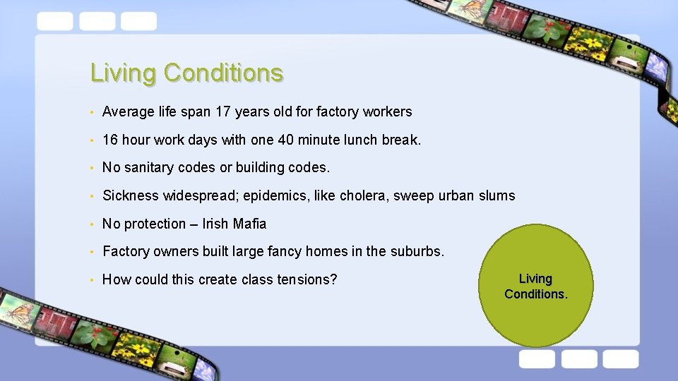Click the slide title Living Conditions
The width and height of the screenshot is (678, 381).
[186, 73]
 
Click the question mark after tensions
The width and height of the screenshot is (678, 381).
[334, 279]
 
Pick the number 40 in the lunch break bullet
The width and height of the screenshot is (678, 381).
[285, 140]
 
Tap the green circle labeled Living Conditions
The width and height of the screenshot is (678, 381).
[535, 286]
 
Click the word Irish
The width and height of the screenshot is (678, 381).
[214, 224]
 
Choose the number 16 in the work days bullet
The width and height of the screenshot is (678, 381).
[110, 140]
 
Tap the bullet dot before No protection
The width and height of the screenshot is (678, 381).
[93, 224]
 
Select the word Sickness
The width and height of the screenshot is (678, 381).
[131, 195]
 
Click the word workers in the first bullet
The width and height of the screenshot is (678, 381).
[387, 111]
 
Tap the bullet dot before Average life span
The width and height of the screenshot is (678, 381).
[93, 112]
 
